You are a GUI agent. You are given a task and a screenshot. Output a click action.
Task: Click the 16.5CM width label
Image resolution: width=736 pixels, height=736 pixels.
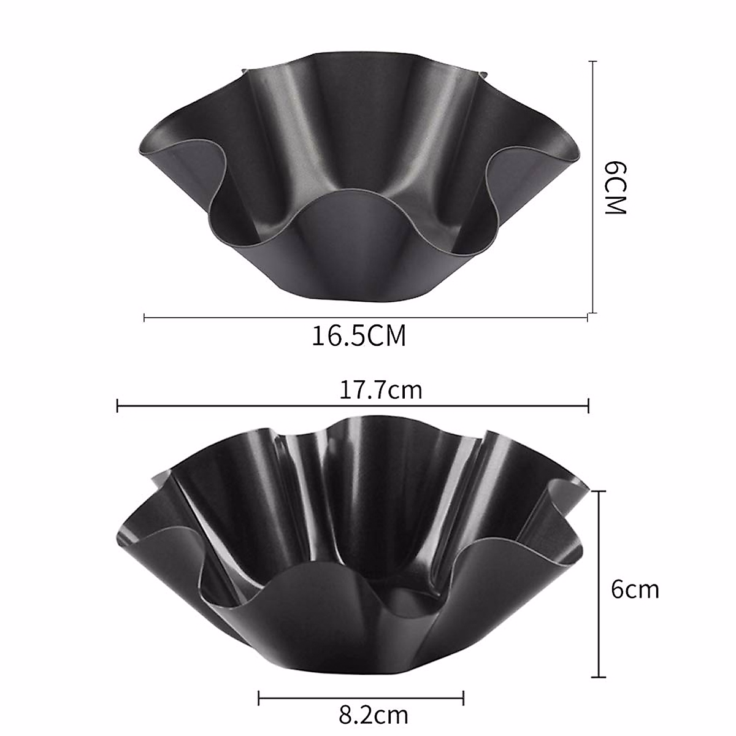coord(359,336)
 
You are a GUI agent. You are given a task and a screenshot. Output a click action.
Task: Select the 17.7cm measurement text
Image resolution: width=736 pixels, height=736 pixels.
coord(381,389)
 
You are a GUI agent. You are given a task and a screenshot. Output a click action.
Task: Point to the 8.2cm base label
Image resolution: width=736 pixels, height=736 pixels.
coord(373,715)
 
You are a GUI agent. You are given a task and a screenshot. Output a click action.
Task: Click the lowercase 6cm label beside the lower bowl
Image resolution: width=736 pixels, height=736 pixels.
coord(635,589)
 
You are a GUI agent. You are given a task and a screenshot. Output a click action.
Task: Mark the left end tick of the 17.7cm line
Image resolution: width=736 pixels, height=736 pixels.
coord(117,405)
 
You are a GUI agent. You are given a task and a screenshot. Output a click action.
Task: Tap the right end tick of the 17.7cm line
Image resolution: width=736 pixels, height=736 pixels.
coord(588,405)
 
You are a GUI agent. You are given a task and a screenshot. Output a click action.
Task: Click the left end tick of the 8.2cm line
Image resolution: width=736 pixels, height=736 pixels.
coord(259,697)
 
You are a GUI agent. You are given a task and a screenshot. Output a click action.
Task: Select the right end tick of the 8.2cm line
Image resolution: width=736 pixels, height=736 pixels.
coord(463,697)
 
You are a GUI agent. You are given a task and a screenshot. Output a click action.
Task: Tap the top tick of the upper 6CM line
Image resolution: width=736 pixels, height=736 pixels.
coord(592,61)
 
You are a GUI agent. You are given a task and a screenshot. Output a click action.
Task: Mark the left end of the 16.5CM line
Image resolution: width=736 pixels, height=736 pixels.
coord(144,317)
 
